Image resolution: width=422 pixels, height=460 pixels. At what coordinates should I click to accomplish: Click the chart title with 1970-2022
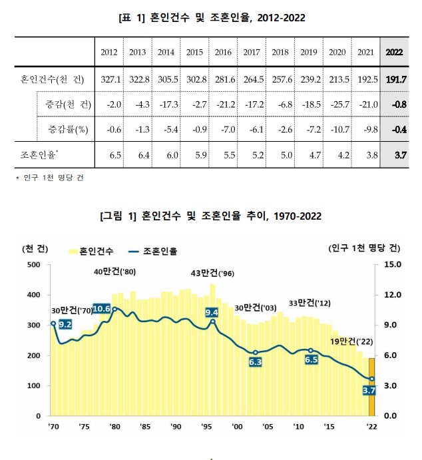pyautogui.click(x=210, y=216)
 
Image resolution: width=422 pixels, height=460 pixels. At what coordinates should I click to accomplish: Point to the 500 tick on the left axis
pyautogui.click(x=33, y=264)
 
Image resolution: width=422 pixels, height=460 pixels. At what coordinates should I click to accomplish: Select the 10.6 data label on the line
pyautogui.click(x=102, y=308)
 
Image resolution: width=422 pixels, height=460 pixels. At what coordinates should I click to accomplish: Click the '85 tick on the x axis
pyautogui.click(x=144, y=427)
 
